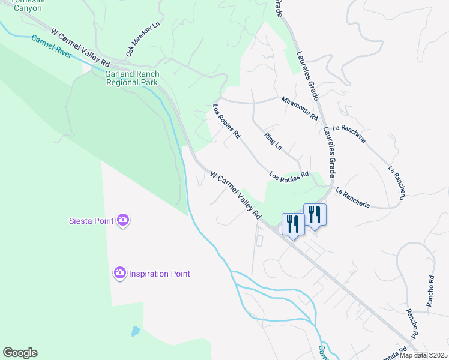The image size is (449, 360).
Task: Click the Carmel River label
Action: click(x=52, y=47)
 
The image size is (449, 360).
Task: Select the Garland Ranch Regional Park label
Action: click(x=131, y=78)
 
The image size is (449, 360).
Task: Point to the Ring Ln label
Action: click(x=273, y=140)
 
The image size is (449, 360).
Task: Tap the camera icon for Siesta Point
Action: click(x=122, y=220)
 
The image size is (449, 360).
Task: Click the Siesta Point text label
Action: click(x=91, y=221)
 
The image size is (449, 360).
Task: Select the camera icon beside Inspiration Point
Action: click(x=119, y=274)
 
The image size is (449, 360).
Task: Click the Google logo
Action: click(x=20, y=353)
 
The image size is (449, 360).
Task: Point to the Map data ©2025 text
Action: click(x=424, y=355)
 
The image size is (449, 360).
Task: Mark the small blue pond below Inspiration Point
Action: click(x=136, y=331)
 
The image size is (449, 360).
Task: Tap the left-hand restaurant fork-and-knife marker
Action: click(x=292, y=225)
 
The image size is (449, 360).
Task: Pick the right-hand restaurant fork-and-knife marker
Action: click(x=315, y=215)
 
